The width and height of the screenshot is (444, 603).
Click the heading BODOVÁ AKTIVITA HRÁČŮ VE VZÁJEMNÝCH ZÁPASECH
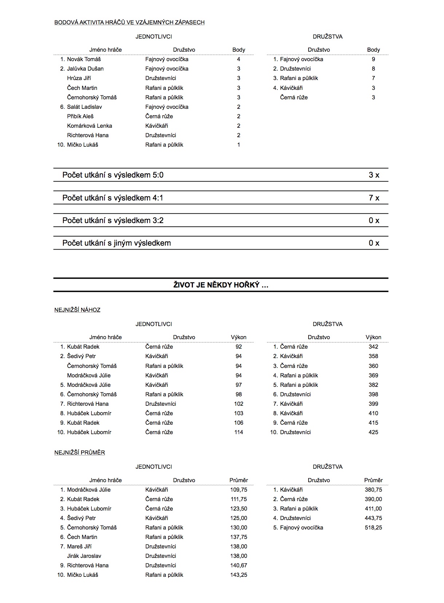coord(129,23)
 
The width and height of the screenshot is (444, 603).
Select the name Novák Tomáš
coord(84,59)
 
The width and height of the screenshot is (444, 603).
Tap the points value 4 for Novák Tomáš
coord(239,59)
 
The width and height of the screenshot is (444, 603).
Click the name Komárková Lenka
coord(90,126)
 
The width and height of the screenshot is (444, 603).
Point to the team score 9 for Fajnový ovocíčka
coord(373,59)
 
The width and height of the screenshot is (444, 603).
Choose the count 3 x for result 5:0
coord(374,175)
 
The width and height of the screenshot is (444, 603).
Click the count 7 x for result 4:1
coord(374,198)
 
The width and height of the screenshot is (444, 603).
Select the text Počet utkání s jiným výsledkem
coord(116,243)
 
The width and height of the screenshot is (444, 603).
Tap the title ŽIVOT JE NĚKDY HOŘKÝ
coord(221,285)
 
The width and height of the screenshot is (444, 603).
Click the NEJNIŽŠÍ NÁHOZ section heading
coord(77,310)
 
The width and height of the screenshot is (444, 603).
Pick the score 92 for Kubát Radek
coord(239,347)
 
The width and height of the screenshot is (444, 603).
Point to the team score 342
coord(373,347)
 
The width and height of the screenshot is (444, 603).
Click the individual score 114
coord(239,432)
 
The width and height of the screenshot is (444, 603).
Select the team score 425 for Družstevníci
coord(373,432)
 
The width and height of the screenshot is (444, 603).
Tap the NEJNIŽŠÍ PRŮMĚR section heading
coord(80,453)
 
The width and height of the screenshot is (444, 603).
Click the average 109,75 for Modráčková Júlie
coord(239,490)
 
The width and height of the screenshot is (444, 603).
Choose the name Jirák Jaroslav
coord(84,556)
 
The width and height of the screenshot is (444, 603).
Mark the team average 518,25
coord(373,528)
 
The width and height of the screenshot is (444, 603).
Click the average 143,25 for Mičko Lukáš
coord(239,575)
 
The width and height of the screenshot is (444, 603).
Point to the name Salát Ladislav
coord(84,107)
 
